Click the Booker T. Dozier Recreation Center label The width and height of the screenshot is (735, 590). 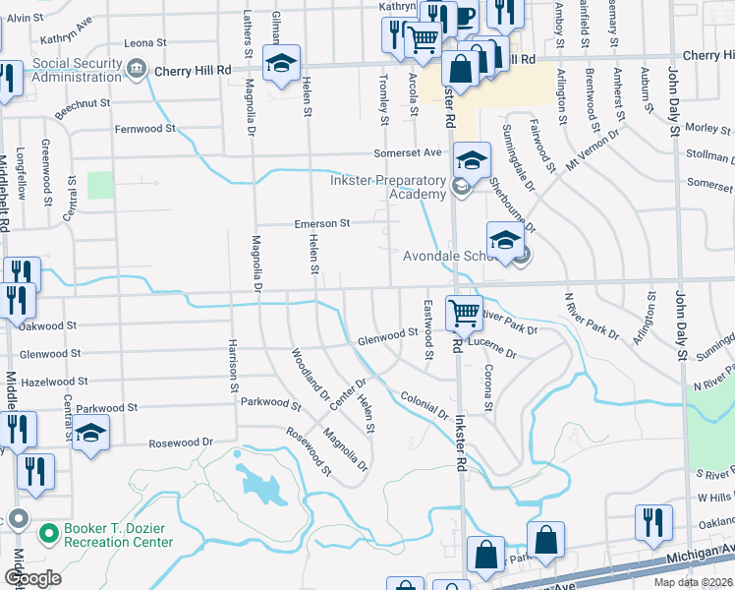tap(118, 535)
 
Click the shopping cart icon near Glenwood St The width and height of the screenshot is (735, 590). tap(464, 314)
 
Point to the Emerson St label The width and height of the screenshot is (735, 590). tap(322, 224)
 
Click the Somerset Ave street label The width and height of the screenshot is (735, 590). tap(407, 153)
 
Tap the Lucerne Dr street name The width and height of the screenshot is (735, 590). tap(492, 349)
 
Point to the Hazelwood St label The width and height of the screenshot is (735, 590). tap(55, 381)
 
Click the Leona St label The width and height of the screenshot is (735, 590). tap(146, 43)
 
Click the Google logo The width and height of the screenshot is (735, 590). tap(33, 577)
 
